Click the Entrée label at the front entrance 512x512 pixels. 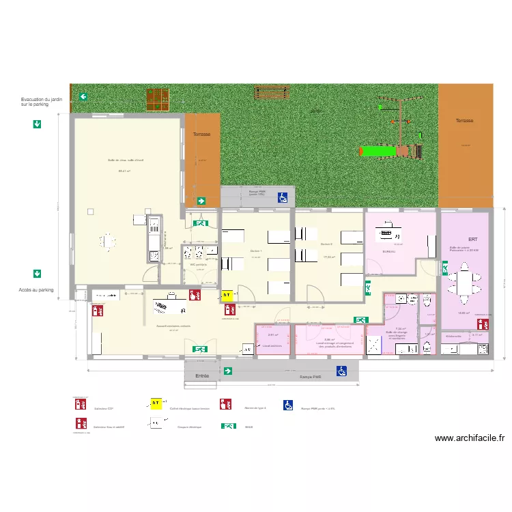[202, 376]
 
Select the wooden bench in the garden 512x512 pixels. [272, 91]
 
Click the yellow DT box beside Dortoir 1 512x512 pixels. [227, 296]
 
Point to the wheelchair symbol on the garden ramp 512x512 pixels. [282, 198]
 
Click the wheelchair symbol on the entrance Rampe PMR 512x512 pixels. [342, 371]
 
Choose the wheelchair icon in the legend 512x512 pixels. [289, 405]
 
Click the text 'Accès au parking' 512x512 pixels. [36, 290]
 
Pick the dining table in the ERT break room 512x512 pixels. [464, 282]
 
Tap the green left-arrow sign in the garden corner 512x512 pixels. [83, 98]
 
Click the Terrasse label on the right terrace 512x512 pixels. [464, 120]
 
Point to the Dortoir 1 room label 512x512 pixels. [256, 251]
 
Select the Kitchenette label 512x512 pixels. [453, 336]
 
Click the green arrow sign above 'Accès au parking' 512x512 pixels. [37, 274]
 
